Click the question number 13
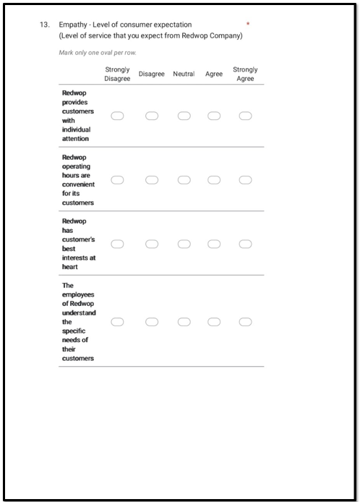[44, 25]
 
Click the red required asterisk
[248, 25]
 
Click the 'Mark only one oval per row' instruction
[97, 53]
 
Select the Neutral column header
[184, 74]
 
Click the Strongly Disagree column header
[117, 74]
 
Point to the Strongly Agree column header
[245, 74]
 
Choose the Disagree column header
[152, 74]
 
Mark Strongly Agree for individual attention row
[245, 116]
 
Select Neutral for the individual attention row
[184, 116]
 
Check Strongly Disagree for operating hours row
[117, 179]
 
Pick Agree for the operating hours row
[214, 179]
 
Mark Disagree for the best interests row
[152, 244]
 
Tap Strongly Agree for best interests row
[245, 244]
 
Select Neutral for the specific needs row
[184, 321]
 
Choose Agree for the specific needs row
[214, 321]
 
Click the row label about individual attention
[77, 116]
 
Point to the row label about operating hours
[78, 179]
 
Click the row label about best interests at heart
[78, 244]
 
